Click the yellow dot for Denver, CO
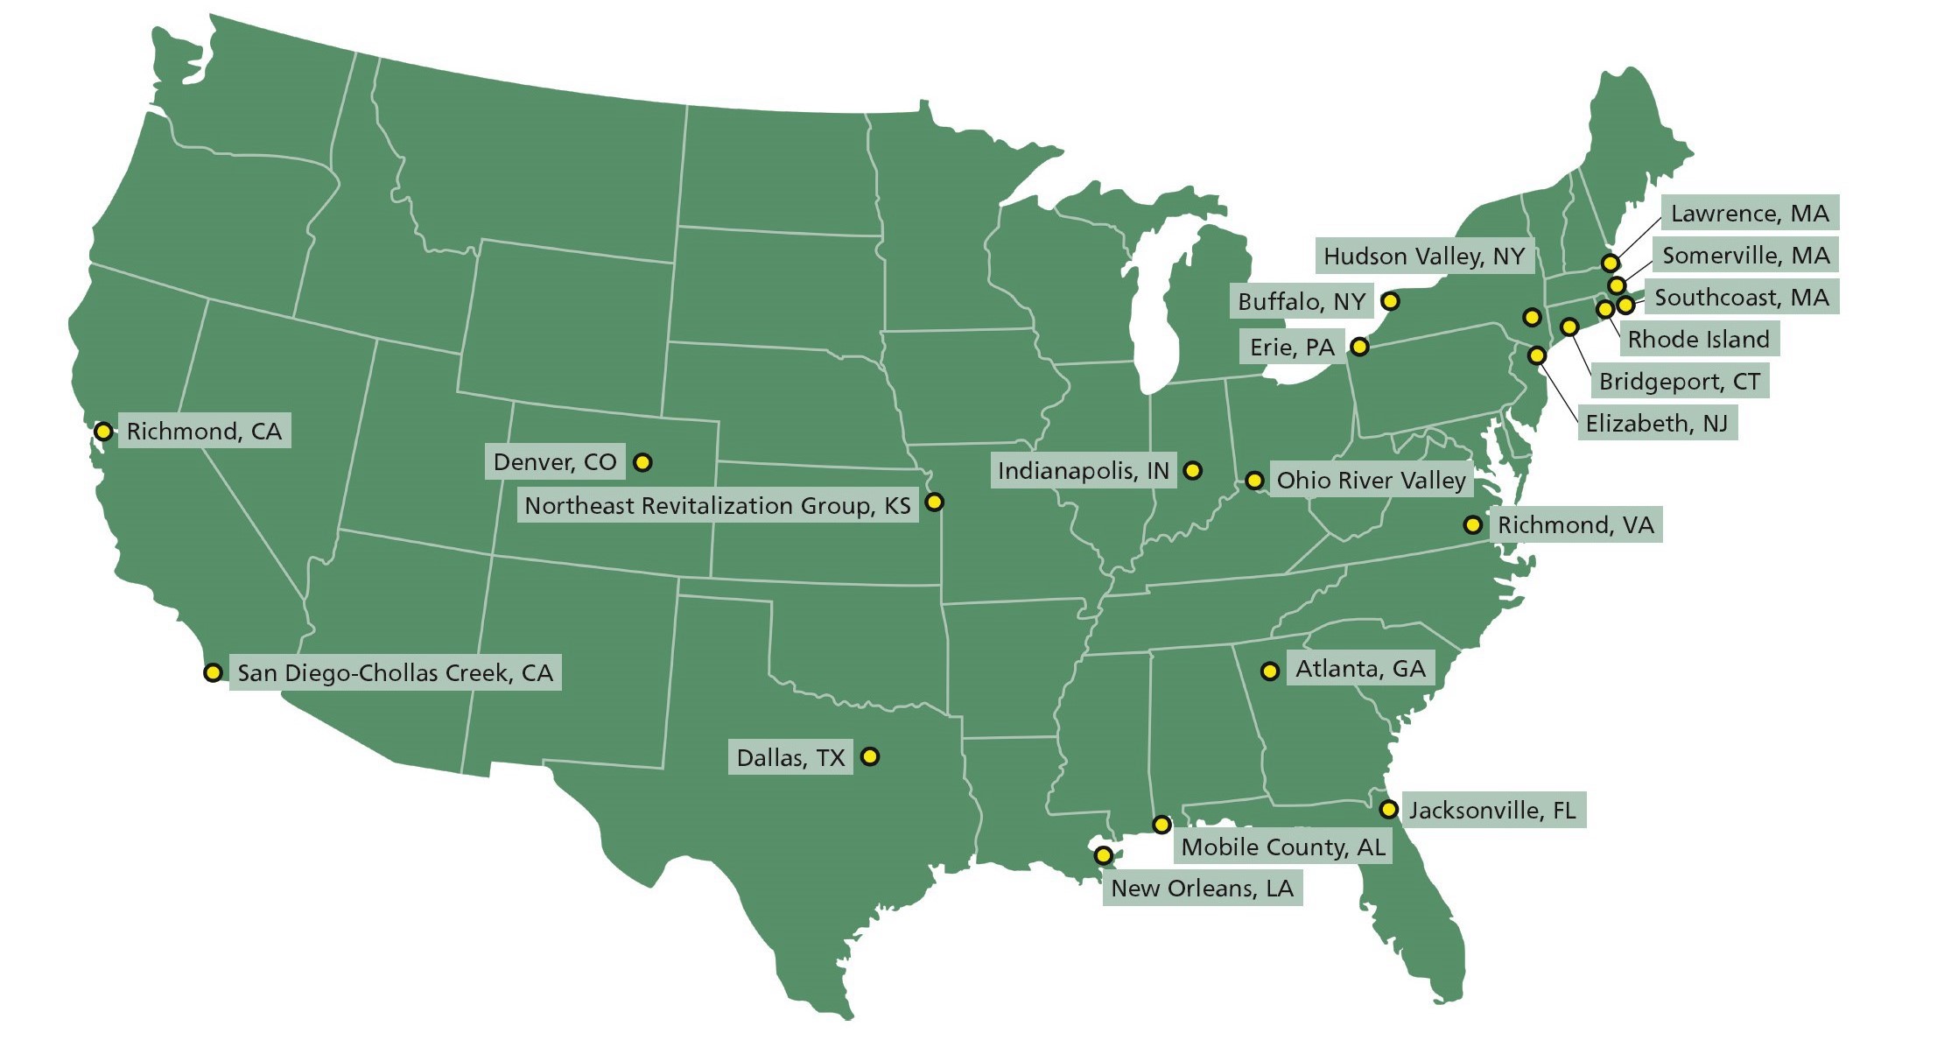[642, 462]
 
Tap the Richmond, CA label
[204, 431]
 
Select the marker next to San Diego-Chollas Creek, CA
[213, 672]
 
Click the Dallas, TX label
[790, 757]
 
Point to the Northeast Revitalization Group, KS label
[717, 505]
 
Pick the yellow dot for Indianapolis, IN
[1192, 470]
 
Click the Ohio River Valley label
[1371, 480]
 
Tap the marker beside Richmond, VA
[1473, 524]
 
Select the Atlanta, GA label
[1360, 669]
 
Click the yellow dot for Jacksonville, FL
[1388, 809]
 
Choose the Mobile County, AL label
[1283, 847]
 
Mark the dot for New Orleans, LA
[1104, 854]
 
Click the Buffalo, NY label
[1301, 302]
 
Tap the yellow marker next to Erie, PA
[1359, 347]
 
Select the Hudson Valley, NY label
[1424, 256]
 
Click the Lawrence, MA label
[1750, 214]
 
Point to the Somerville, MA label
[1745, 256]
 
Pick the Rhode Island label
[1698, 339]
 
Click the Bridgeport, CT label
[1679, 381]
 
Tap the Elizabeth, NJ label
[1656, 423]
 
